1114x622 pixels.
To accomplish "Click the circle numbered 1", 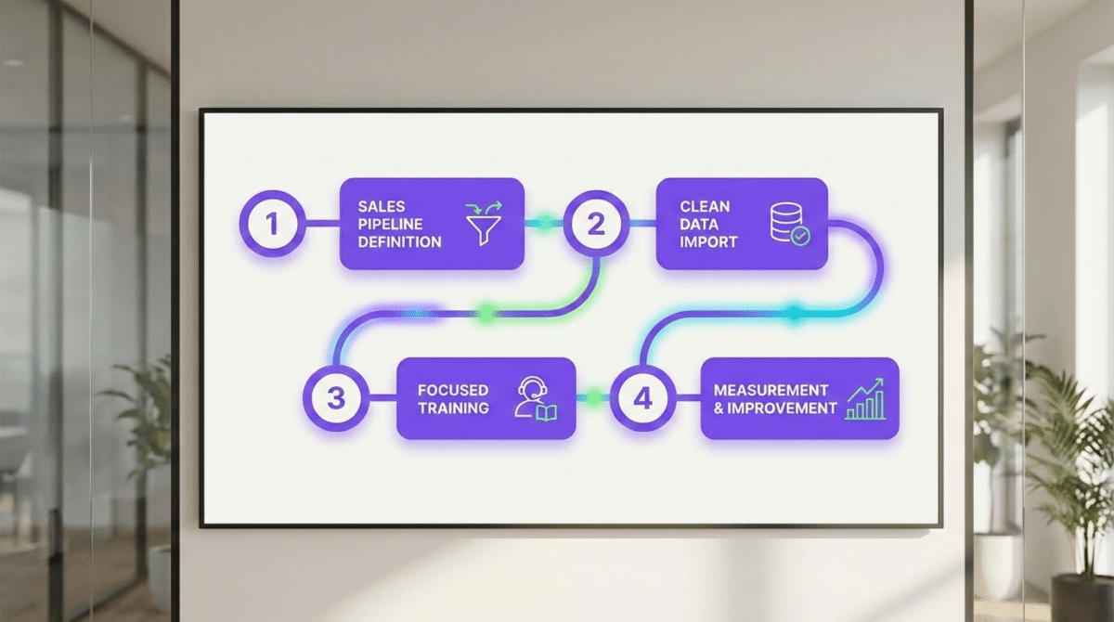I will tap(271, 224).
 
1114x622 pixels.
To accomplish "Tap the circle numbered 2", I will tap(596, 224).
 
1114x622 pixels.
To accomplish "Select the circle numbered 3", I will tap(336, 399).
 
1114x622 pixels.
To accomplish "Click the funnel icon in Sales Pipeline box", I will tap(484, 224).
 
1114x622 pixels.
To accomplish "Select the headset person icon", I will tap(535, 399).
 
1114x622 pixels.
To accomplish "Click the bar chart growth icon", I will tap(865, 399).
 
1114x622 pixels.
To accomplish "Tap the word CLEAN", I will tap(705, 206).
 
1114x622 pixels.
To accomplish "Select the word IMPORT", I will tap(708, 241).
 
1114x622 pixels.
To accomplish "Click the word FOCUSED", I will tap(453, 390).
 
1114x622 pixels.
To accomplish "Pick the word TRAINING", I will tap(453, 408).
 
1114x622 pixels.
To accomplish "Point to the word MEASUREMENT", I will tap(771, 390).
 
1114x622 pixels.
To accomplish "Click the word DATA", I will tap(699, 224).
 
